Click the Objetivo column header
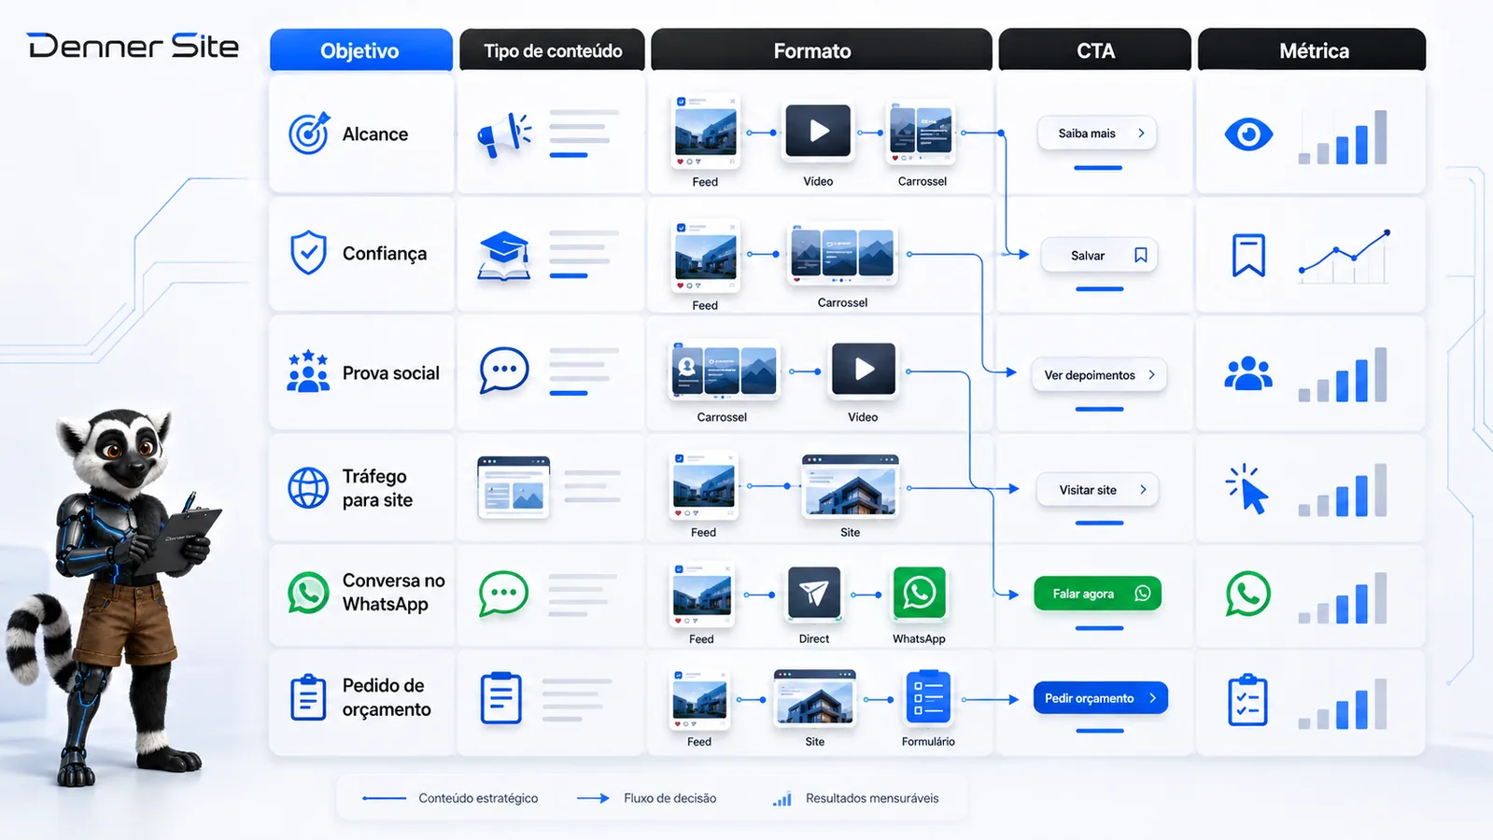360,50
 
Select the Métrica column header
1312,50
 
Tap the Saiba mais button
1097,133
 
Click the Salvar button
1098,255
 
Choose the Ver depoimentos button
1099,375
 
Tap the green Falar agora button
1098,594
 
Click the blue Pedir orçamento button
1101,698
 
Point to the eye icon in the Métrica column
1248,134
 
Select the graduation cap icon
504,256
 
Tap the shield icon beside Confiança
308,252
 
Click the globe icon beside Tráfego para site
308,487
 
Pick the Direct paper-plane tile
814,593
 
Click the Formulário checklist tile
928,697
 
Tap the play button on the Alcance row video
819,131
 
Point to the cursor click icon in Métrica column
1247,490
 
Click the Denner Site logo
133,46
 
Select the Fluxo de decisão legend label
669,798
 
